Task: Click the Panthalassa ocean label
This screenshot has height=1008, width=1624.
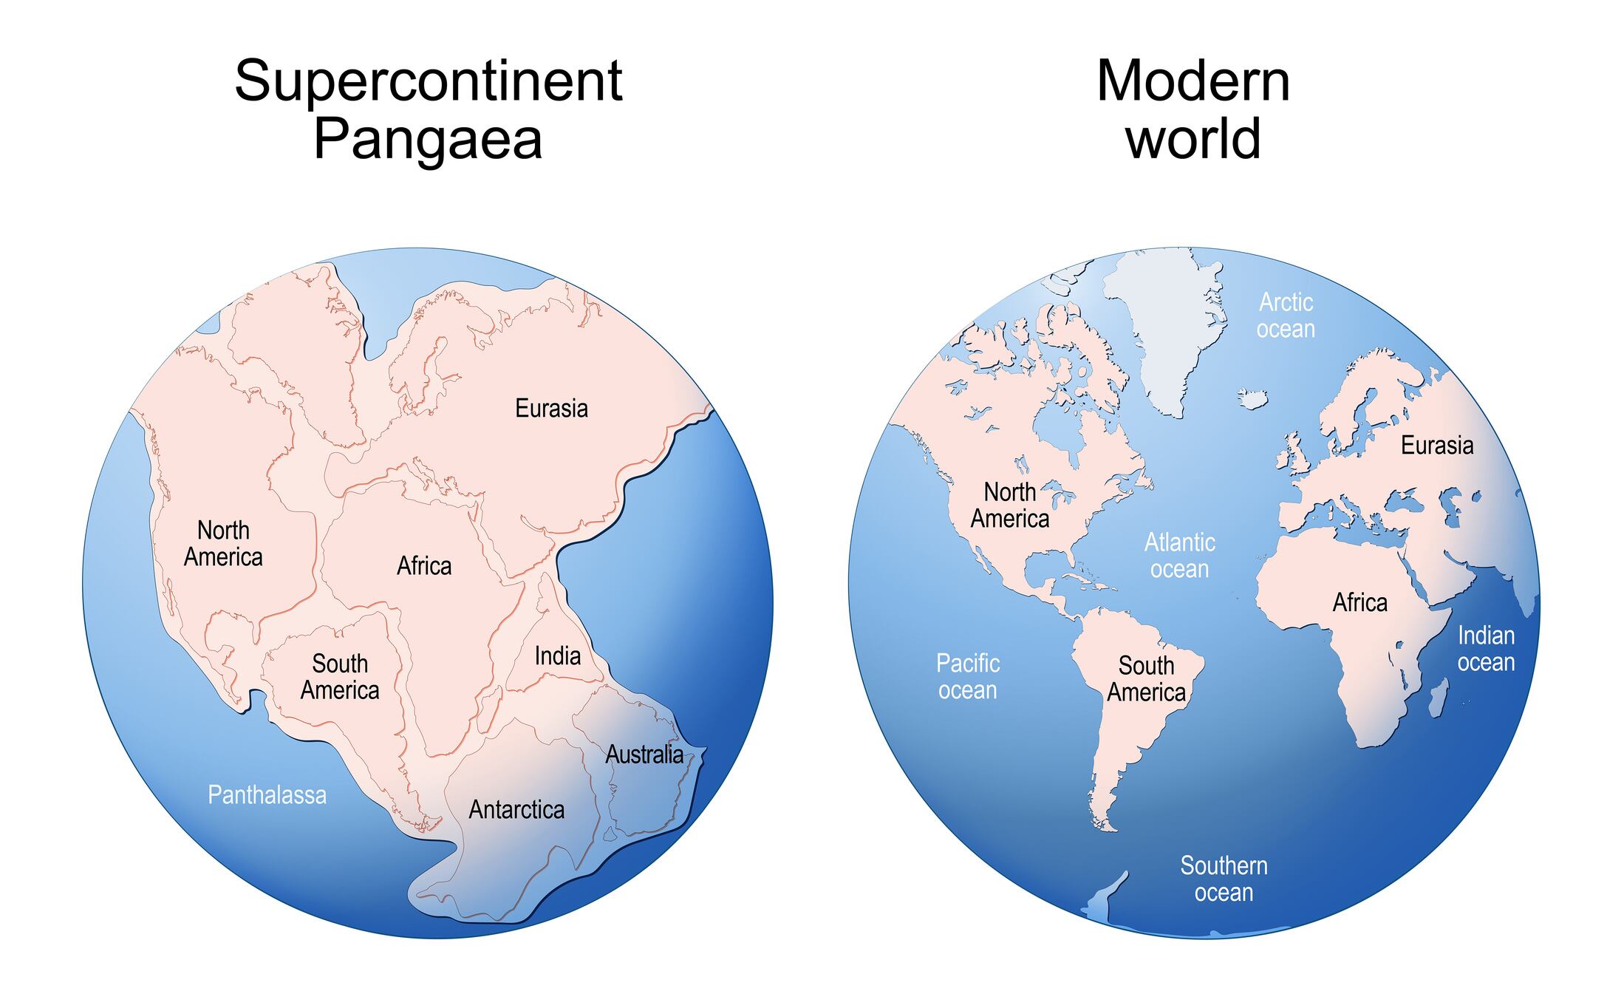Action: [x=267, y=795]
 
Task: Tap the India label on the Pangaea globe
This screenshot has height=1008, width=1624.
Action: [x=557, y=655]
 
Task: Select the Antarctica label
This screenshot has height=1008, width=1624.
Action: [x=516, y=810]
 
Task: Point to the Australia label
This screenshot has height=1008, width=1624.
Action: [x=644, y=755]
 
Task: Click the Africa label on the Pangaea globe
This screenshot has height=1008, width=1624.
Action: [x=424, y=566]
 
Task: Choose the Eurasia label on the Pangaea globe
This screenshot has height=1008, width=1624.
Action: [x=551, y=409]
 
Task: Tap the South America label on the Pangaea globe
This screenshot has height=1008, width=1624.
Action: [x=340, y=677]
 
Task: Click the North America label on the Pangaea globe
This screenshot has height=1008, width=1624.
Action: [x=223, y=544]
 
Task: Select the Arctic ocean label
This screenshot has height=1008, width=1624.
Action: [x=1286, y=316]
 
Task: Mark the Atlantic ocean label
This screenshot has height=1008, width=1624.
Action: [x=1179, y=556]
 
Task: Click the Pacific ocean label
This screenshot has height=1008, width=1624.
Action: [x=968, y=677]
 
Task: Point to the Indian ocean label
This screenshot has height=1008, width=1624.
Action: [x=1486, y=649]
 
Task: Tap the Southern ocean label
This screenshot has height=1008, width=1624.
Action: [x=1224, y=879]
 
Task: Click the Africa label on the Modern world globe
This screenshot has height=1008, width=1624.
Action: [x=1359, y=603]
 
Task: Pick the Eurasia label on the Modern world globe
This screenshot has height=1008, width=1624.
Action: [x=1437, y=446]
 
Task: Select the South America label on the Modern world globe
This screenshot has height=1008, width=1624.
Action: [x=1146, y=679]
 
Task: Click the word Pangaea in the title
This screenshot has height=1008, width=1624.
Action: [x=428, y=139]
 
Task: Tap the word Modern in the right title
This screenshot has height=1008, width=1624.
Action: [x=1193, y=81]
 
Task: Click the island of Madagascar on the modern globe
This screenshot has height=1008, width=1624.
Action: [x=1438, y=700]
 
